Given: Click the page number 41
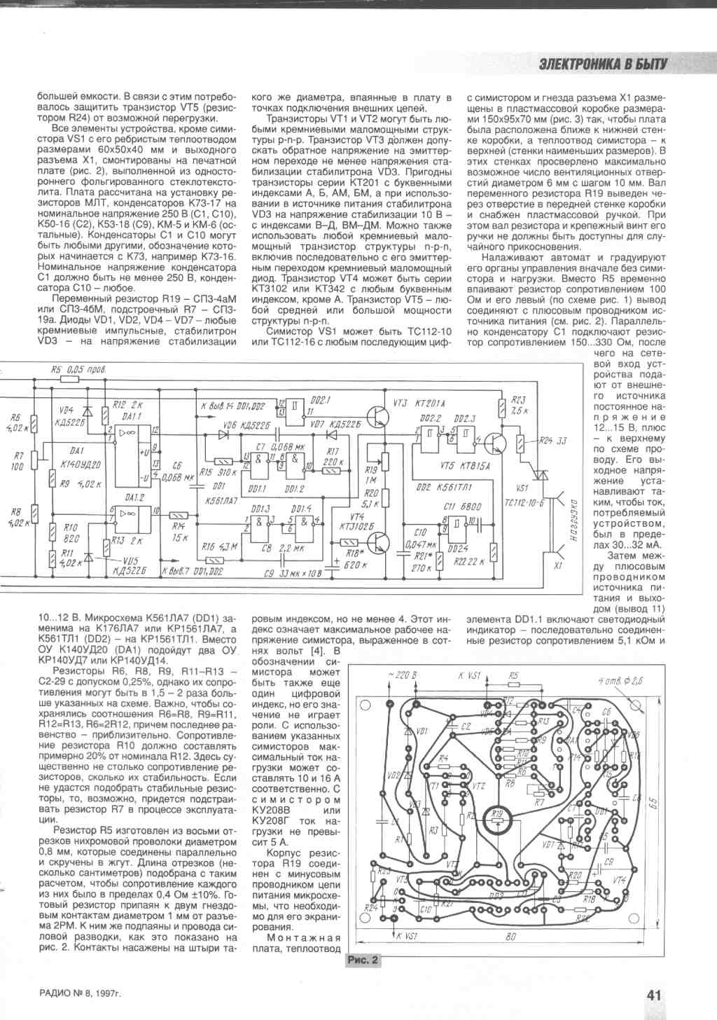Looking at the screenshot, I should (654, 995).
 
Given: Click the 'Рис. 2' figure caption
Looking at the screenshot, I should (363, 960).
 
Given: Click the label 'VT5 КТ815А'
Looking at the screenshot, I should (456, 465).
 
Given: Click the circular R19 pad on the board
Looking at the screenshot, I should (497, 816).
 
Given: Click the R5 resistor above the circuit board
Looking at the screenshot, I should (514, 684).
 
